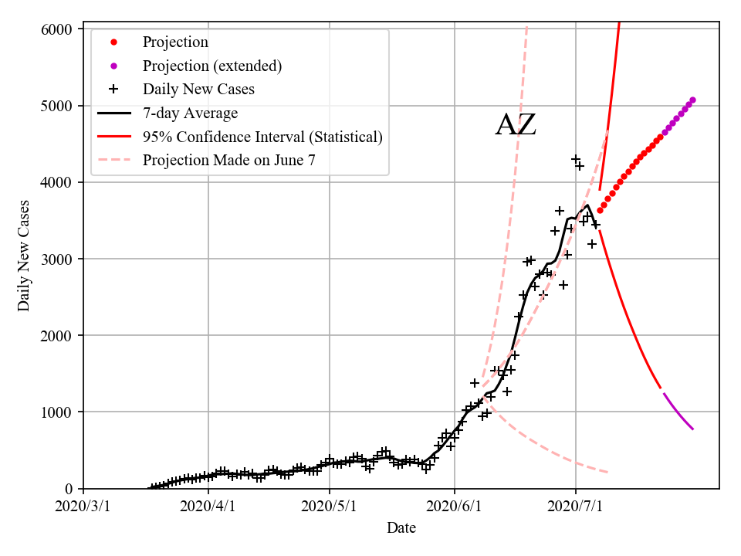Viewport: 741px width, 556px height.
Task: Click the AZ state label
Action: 516,125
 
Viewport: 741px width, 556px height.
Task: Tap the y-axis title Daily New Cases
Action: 24,256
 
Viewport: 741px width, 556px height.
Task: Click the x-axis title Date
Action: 401,528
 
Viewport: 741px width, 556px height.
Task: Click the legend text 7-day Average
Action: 190,114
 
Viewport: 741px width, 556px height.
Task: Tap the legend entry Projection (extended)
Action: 212,66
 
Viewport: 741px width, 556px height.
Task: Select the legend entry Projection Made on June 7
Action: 229,161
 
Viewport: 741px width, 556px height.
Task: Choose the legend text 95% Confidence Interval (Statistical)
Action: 262,137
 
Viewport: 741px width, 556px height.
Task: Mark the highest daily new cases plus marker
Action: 575,159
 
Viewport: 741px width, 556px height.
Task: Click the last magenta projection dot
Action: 692,100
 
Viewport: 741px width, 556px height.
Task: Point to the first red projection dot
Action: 600,210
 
